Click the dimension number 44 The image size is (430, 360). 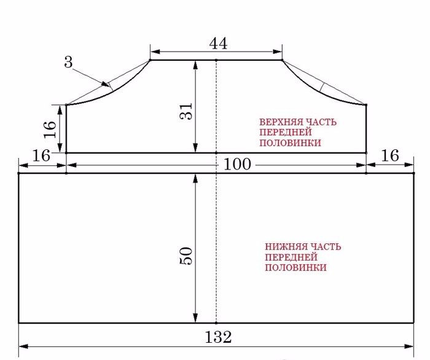pos(218,44)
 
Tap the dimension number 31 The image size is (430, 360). pos(186,111)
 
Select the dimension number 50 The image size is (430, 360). pos(186,256)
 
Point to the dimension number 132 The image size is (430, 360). pos(218,337)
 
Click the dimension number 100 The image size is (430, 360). pos(237,165)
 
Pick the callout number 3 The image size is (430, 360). pos(69,61)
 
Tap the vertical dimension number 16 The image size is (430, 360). pos(50,129)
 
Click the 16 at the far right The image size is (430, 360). pos(390,156)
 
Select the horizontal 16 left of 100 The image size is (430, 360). pos(41,156)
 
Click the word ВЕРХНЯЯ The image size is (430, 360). pos(276,122)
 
